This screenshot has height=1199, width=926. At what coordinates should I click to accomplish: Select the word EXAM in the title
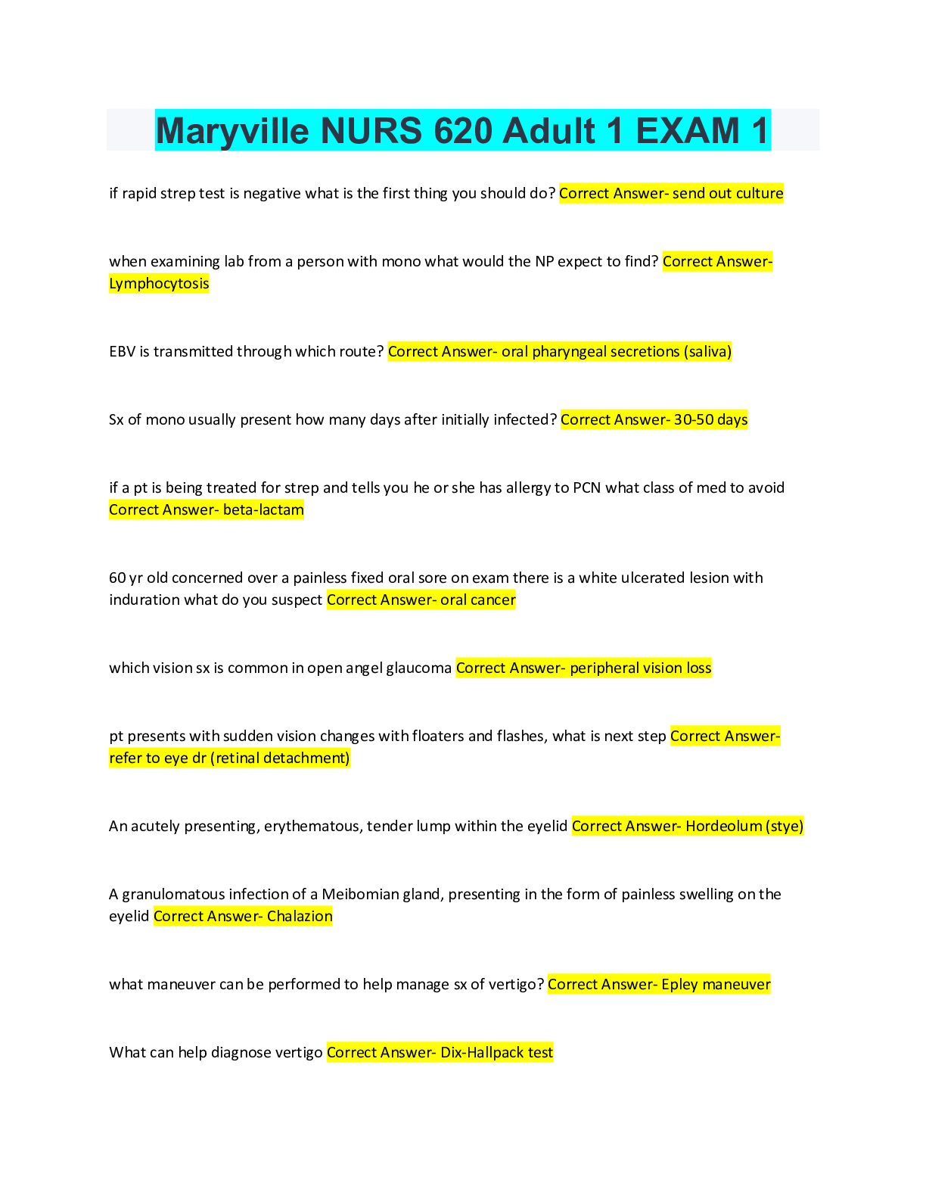point(687,131)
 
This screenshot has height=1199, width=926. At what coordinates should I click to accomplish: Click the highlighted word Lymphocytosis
point(159,283)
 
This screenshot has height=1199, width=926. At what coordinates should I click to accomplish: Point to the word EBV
point(122,351)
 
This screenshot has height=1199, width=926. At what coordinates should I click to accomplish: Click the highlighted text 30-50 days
point(710,419)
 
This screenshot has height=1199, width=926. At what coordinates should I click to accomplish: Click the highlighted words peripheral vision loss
point(640,668)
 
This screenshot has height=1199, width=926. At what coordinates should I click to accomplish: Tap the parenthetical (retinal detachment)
point(280,758)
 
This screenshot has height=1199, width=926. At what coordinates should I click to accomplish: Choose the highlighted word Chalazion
point(300,916)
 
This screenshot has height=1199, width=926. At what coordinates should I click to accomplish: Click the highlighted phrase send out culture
point(727,193)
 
